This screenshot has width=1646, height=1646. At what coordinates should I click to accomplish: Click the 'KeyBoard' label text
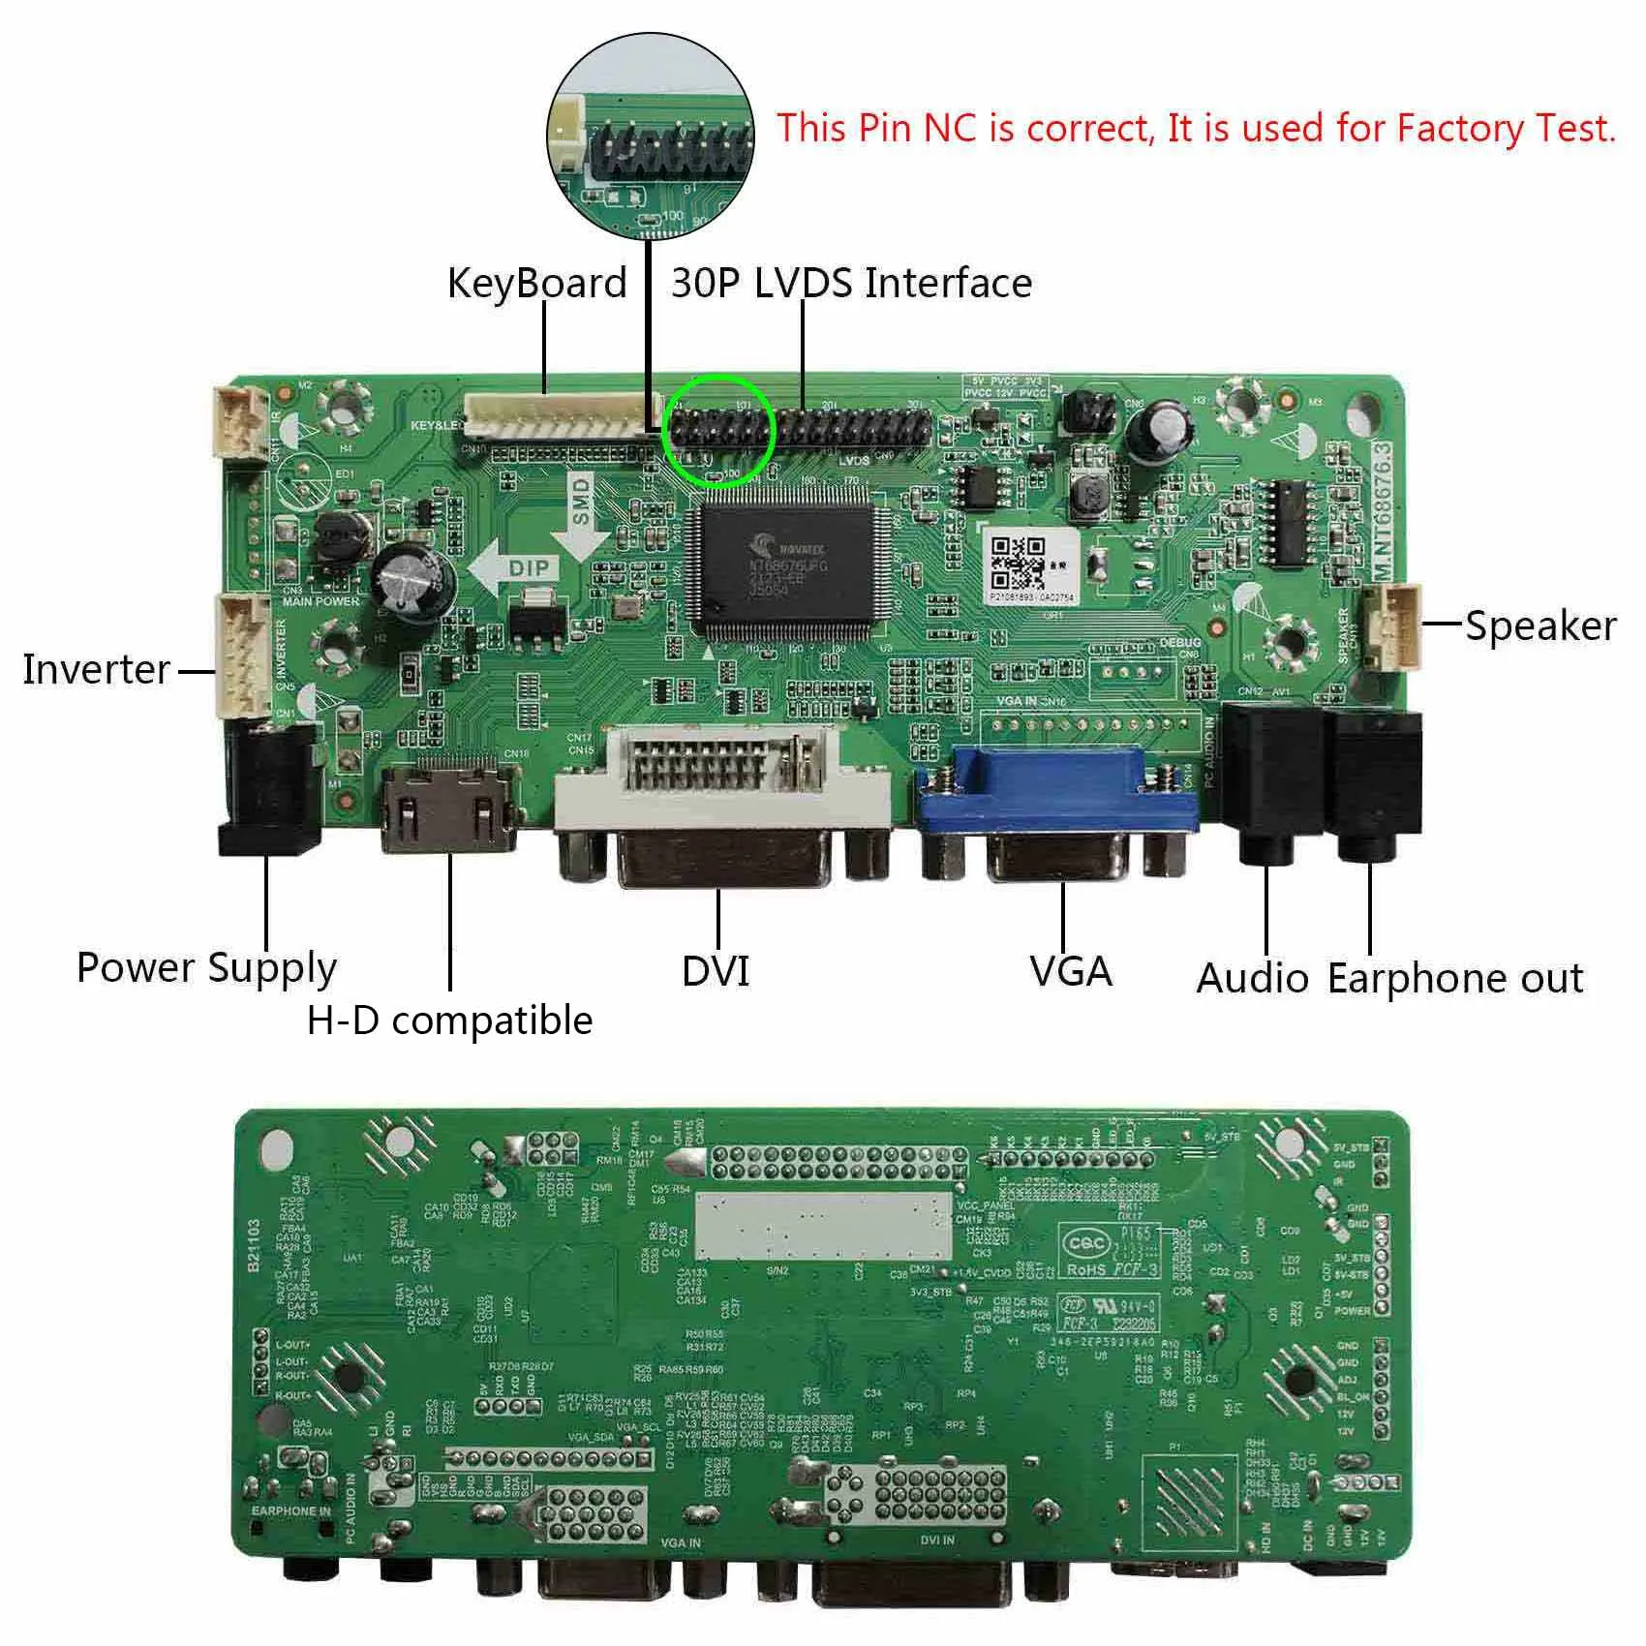click(536, 283)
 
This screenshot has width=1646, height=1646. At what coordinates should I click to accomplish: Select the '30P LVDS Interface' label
click(851, 283)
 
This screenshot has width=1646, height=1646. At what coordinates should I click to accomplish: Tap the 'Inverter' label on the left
click(96, 669)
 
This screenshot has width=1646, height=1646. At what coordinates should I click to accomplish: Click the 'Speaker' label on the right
click(1539, 625)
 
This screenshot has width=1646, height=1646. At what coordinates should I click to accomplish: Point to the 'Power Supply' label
click(206, 967)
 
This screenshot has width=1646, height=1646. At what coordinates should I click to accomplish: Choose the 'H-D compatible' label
click(449, 1021)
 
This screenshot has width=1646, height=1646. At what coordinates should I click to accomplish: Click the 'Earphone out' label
click(1454, 978)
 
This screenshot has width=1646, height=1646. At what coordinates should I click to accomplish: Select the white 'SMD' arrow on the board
click(581, 511)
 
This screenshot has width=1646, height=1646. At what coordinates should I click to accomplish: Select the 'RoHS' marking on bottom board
click(1087, 1269)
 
